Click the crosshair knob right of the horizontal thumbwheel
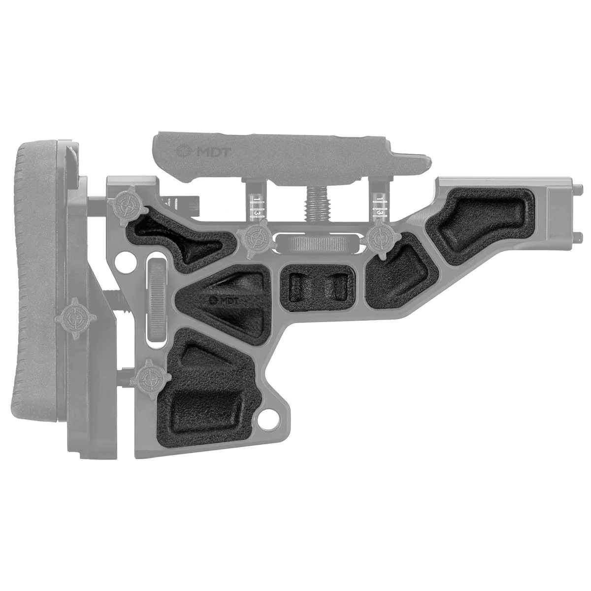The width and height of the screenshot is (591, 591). tap(382, 238)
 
